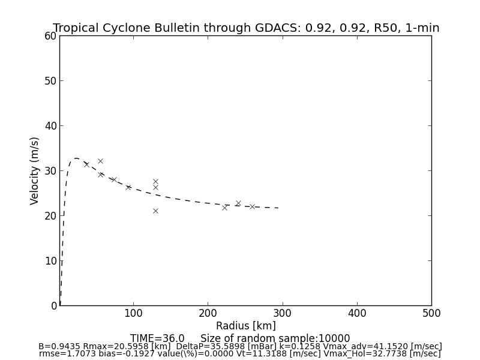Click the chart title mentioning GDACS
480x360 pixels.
tap(246, 28)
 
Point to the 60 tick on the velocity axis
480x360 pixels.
tap(50, 36)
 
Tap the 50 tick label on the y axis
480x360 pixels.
tap(50, 81)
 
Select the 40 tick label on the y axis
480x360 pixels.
tap(50, 126)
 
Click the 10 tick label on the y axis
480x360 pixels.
tap(50, 261)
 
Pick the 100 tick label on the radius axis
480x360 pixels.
tap(133, 313)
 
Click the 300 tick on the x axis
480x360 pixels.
tap(282, 313)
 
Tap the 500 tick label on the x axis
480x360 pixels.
tap(431, 313)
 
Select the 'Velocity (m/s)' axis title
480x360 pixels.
tap(35, 170)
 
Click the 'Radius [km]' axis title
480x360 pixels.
tap(246, 326)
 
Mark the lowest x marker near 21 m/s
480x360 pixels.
tap(155, 211)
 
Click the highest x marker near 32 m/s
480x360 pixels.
tap(100, 161)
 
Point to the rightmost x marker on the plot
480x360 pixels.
tap(252, 206)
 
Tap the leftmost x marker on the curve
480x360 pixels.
tap(86, 164)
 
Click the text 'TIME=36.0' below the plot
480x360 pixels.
tap(157, 338)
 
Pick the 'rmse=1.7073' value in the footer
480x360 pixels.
tap(64, 354)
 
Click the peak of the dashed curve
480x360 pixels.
tap(76, 158)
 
